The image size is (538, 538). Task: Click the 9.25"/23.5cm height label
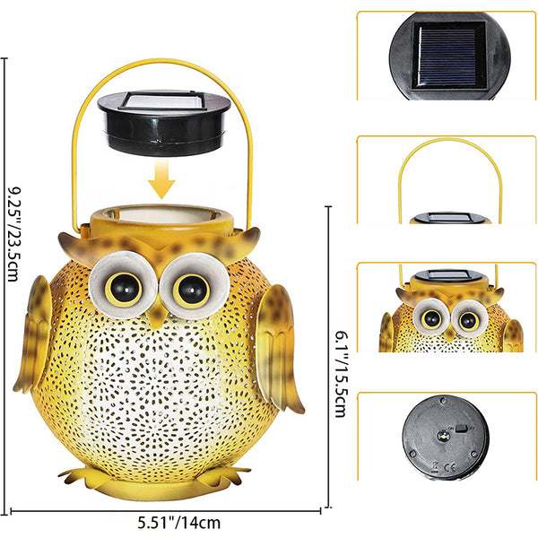tap(13, 234)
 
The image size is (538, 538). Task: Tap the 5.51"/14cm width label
tap(179, 523)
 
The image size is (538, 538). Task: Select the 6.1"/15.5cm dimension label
tap(341, 374)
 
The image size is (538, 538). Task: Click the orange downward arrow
tap(161, 179)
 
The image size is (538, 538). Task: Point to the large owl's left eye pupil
tap(125, 289)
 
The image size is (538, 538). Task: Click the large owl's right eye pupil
tap(192, 290)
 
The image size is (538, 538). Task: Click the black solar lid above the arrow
tap(164, 123)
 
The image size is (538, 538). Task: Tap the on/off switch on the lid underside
tap(462, 428)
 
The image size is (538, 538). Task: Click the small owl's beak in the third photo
tap(450, 334)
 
